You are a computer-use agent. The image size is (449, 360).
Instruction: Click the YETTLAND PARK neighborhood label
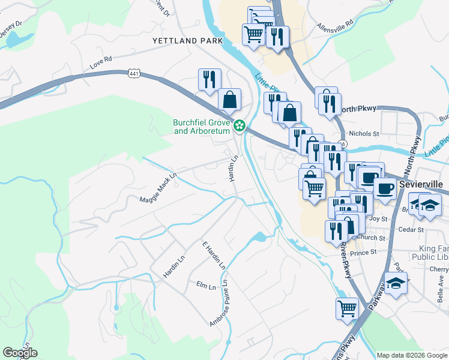click(187, 41)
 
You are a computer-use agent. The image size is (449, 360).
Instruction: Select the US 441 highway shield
click(134, 73)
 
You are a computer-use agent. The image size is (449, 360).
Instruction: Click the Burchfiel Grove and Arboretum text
click(202, 127)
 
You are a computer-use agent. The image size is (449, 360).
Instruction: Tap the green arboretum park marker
click(240, 125)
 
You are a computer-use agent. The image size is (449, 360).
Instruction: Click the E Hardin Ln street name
click(214, 255)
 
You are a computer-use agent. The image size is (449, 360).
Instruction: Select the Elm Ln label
click(206, 284)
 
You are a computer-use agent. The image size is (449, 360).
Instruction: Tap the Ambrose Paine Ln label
click(220, 304)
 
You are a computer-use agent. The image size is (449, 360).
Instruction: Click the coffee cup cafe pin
click(385, 187)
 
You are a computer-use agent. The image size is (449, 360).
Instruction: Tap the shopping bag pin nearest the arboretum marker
click(229, 100)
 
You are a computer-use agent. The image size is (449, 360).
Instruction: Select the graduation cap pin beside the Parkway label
click(396, 283)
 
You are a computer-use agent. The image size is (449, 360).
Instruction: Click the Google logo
click(20, 353)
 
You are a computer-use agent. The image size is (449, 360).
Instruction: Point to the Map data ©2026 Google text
click(411, 355)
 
